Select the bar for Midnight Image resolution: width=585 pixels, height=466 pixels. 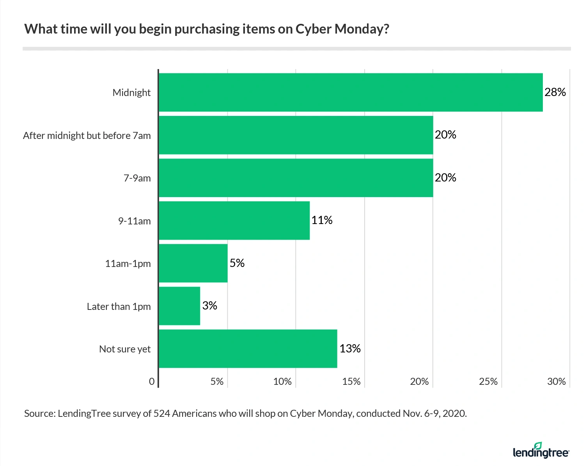351,92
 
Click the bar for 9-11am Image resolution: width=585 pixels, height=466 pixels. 234,221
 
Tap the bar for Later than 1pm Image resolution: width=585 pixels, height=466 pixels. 179,306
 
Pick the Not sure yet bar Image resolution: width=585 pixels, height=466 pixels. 248,349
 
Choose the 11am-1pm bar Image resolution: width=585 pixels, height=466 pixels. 193,263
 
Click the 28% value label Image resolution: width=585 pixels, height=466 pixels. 555,92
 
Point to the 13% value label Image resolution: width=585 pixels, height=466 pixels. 350,348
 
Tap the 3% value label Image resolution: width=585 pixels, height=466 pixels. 209,306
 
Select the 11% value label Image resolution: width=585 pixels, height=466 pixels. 322,220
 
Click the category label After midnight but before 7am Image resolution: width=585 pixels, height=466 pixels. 87,135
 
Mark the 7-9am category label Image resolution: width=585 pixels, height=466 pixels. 137,178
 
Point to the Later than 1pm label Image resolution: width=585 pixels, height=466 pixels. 119,306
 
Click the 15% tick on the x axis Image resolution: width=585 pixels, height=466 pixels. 351,381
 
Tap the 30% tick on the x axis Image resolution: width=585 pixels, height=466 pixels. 556,381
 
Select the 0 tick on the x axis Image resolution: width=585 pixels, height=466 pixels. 152,381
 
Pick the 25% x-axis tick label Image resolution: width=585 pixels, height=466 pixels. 488,381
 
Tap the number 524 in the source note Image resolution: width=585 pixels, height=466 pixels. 161,413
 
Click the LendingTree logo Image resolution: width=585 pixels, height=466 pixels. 541,451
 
